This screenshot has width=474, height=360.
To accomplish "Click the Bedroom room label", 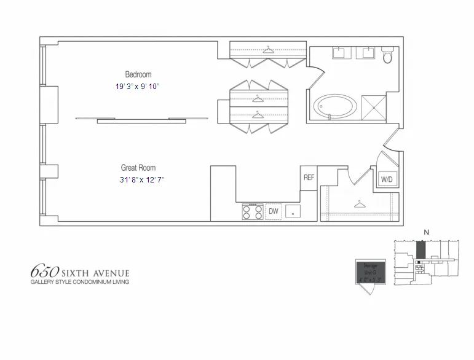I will pos(138,75).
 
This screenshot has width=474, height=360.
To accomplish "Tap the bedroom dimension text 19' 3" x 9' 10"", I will pos(137,87).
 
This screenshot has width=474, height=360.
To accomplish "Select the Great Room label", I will pos(138,168).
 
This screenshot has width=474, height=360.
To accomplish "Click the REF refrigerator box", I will pos(309,178).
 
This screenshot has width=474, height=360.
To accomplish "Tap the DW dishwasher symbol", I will pos(274,211).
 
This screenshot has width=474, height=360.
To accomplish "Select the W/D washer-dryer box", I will pos(387,179).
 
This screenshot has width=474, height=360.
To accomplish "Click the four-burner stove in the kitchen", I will pos(253,211).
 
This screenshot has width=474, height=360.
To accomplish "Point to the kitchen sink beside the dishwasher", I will pos(293,211).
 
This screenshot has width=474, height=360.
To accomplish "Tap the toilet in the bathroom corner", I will pos(387,57).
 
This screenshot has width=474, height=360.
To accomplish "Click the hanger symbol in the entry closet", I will pos(360,203).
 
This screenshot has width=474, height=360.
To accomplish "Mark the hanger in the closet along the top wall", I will pos(267,49).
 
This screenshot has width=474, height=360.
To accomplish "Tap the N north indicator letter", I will pos(424,232).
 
